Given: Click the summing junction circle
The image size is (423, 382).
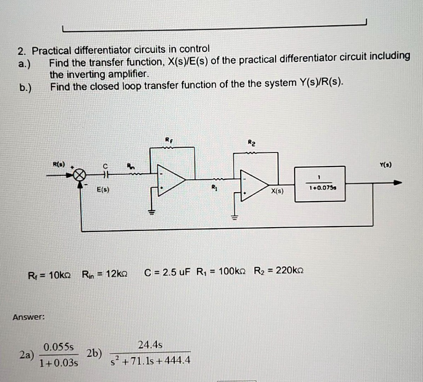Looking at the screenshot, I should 79,176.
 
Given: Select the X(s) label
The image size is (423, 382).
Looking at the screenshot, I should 277,192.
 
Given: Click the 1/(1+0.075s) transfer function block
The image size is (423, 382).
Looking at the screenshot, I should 320,184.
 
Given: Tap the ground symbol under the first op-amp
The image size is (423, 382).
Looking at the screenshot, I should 152,213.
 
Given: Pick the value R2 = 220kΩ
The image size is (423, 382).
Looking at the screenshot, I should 279,271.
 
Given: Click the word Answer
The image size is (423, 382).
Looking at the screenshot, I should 28,317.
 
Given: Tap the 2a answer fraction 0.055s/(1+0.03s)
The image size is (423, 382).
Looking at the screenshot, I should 58,354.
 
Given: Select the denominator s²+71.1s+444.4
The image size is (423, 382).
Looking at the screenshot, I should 151,361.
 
